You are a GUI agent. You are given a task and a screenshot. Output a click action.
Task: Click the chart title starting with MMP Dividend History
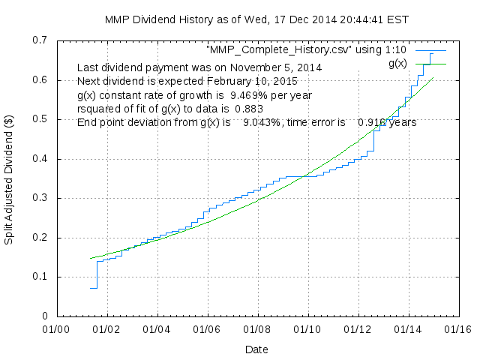coord(240,19)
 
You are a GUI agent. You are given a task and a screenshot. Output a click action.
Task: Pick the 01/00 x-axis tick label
coord(55,329)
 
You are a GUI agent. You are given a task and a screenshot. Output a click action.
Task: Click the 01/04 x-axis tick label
coord(157,329)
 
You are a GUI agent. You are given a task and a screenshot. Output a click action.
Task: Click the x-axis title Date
coord(256,349)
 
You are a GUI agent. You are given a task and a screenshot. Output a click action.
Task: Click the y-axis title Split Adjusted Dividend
coord(10,178)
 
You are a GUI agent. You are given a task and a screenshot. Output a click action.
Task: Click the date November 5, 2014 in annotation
coord(280,67)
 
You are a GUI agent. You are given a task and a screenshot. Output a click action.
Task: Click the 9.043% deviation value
coord(261,122)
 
